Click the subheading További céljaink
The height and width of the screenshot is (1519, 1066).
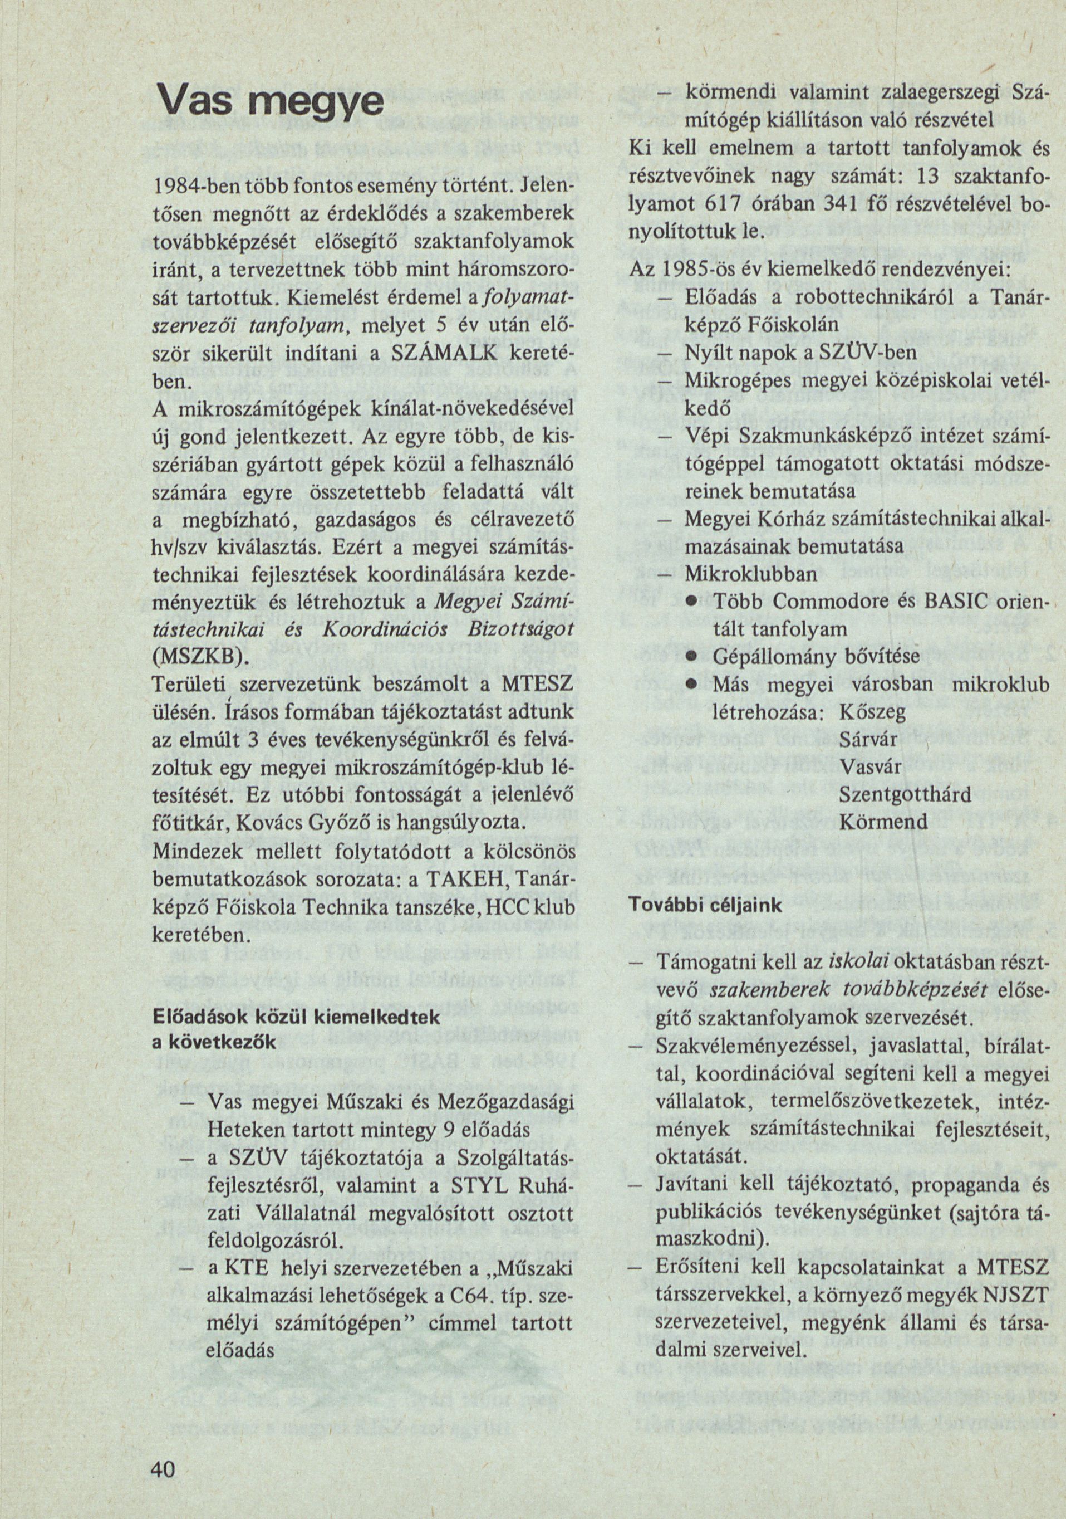click(705, 906)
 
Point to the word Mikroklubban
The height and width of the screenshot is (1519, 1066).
click(750, 574)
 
